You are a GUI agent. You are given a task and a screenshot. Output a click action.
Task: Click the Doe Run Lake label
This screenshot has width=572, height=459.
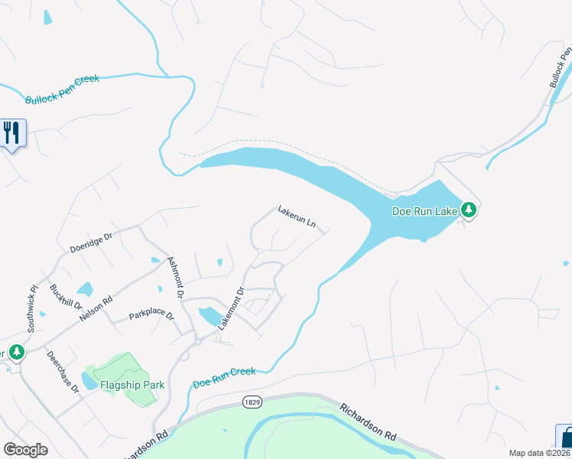pos(424,210)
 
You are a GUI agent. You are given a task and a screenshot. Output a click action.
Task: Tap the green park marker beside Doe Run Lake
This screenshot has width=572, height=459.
pos(468,210)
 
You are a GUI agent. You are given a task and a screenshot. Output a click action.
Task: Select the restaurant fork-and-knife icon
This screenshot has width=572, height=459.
pos(11,132)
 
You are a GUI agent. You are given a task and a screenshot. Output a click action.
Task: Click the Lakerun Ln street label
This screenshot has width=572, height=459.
pos(297,216)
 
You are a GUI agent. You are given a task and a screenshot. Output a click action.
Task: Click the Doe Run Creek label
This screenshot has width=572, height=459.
pos(223,376)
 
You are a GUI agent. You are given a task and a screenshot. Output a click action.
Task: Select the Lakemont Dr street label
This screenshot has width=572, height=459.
pos(230,308)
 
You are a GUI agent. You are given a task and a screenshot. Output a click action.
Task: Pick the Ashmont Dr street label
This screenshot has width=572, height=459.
pos(176,277)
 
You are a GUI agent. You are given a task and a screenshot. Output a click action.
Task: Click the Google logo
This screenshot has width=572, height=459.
pos(25,450)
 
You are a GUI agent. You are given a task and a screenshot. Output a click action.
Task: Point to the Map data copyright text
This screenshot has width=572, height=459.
pos(539,453)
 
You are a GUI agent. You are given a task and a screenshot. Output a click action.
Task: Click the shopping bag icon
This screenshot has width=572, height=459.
pos(566,440)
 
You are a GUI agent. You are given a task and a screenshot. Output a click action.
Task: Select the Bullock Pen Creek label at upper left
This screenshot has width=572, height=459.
pos(62,89)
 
